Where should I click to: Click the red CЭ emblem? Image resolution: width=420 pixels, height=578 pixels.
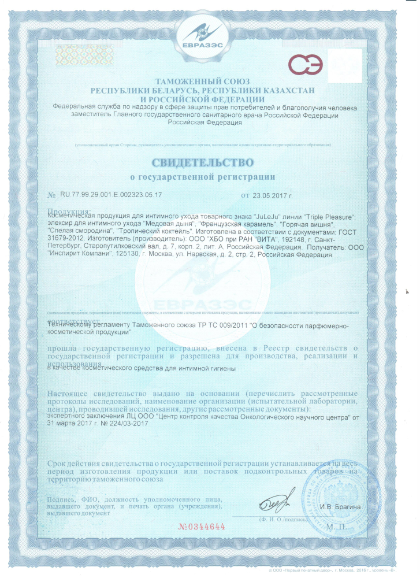(x=306, y=65)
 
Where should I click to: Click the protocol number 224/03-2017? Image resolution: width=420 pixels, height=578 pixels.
(x=124, y=423)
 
